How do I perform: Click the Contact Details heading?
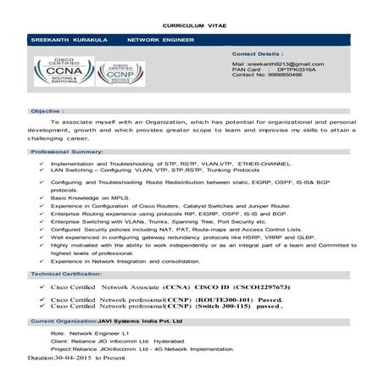pyautogui.click(x=259, y=53)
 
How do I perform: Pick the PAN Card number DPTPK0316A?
pyautogui.click(x=292, y=70)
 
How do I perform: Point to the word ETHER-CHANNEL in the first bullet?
pyautogui.click(x=266, y=162)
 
